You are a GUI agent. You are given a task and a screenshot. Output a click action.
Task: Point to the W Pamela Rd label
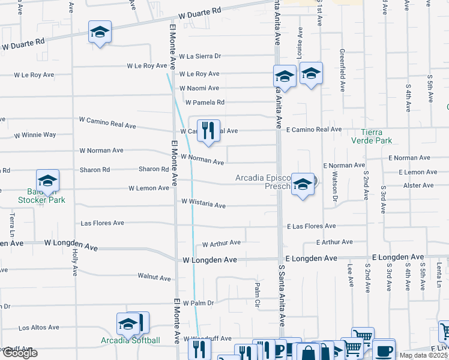click(205, 103)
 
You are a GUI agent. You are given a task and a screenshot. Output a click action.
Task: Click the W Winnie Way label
click(35, 135)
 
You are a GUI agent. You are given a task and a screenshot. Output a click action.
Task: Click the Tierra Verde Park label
click(376, 136)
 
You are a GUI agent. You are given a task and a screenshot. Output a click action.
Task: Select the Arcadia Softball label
click(130, 341)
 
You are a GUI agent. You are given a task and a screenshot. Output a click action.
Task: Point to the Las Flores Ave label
click(103, 223)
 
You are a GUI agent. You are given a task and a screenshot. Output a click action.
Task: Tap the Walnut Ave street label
click(154, 277)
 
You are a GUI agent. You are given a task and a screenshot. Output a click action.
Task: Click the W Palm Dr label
click(198, 303)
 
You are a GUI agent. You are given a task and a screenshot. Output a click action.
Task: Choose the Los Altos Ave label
click(39, 328)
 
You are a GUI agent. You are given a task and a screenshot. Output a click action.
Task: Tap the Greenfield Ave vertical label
click(342, 70)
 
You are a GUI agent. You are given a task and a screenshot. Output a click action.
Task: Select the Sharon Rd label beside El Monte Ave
click(154, 169)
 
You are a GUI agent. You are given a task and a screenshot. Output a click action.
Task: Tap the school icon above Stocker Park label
click(47, 181)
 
